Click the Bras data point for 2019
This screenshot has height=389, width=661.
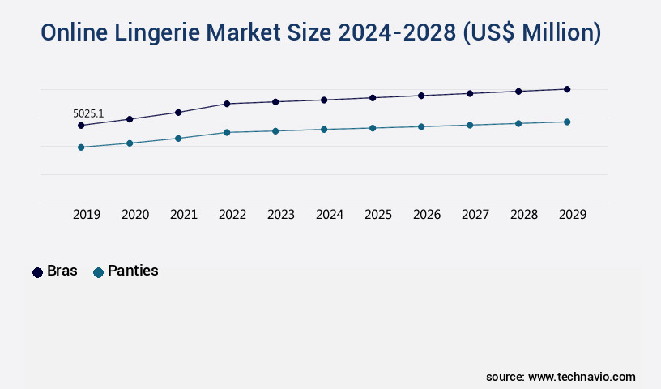click(x=81, y=126)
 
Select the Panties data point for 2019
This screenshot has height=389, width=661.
click(x=81, y=147)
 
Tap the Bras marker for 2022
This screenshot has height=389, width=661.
click(x=227, y=104)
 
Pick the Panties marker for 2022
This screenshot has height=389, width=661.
click(x=227, y=132)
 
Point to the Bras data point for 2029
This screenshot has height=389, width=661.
click(x=567, y=89)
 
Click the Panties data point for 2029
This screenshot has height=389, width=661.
click(x=567, y=122)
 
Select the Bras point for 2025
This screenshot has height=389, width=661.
click(x=373, y=98)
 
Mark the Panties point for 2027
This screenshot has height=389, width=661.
click(x=470, y=125)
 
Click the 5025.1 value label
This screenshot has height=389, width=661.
click(x=88, y=113)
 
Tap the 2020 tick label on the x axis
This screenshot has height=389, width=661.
click(x=135, y=215)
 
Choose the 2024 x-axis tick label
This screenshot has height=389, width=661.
click(x=330, y=215)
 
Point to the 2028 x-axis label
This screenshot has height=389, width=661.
click(x=524, y=215)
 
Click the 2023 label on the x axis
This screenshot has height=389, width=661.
click(x=281, y=215)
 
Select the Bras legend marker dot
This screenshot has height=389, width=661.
click(x=37, y=272)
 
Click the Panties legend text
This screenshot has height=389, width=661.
click(x=133, y=271)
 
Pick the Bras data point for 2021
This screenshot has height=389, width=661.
click(x=178, y=113)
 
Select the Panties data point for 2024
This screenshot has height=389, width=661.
click(x=324, y=129)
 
